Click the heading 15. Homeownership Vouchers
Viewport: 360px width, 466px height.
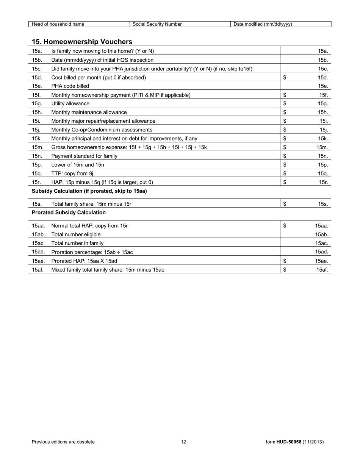[82, 42]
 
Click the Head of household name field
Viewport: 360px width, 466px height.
[79, 24]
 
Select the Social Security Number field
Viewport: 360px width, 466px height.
[180, 24]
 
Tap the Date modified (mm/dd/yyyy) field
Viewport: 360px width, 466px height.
[281, 24]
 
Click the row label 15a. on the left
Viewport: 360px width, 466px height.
[37, 51]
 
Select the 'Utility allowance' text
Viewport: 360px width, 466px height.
[70, 103]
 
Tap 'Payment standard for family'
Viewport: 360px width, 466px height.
[84, 156]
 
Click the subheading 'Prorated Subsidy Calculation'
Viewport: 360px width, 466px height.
[69, 213]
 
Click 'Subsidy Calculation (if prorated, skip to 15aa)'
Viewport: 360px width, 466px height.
[89, 191]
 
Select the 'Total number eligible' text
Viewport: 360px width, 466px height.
[76, 235]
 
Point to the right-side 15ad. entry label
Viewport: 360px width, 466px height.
[321, 252]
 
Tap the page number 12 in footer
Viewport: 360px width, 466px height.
[183, 442]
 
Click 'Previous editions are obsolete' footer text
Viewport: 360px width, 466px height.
[63, 442]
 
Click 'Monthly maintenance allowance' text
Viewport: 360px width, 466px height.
[89, 112]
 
